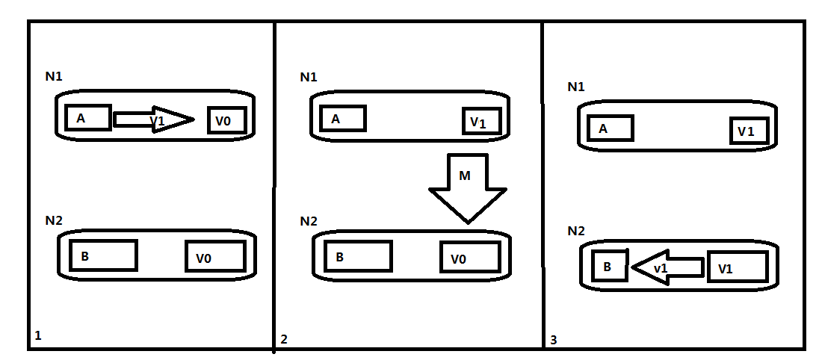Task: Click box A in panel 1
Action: pos(88,118)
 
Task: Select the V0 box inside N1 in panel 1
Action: pos(226,120)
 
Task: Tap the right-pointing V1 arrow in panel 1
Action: pos(154,120)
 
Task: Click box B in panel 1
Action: pos(103,255)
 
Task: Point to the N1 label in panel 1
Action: pos(54,76)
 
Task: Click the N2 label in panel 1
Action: pos(54,220)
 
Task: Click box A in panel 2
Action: pos(343,119)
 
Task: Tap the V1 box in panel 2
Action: pos(481,121)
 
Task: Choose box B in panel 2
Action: pos(359,256)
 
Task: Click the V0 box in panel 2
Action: pos(470,257)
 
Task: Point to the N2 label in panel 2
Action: pos(309,221)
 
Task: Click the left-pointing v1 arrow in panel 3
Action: pos(667,267)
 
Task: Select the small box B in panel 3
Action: pos(610,266)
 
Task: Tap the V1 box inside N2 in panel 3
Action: pos(738,267)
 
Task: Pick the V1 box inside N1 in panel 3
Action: pos(750,131)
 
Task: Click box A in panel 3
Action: pos(611,128)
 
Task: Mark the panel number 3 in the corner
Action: pos(554,340)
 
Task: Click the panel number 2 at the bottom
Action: pos(284,339)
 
